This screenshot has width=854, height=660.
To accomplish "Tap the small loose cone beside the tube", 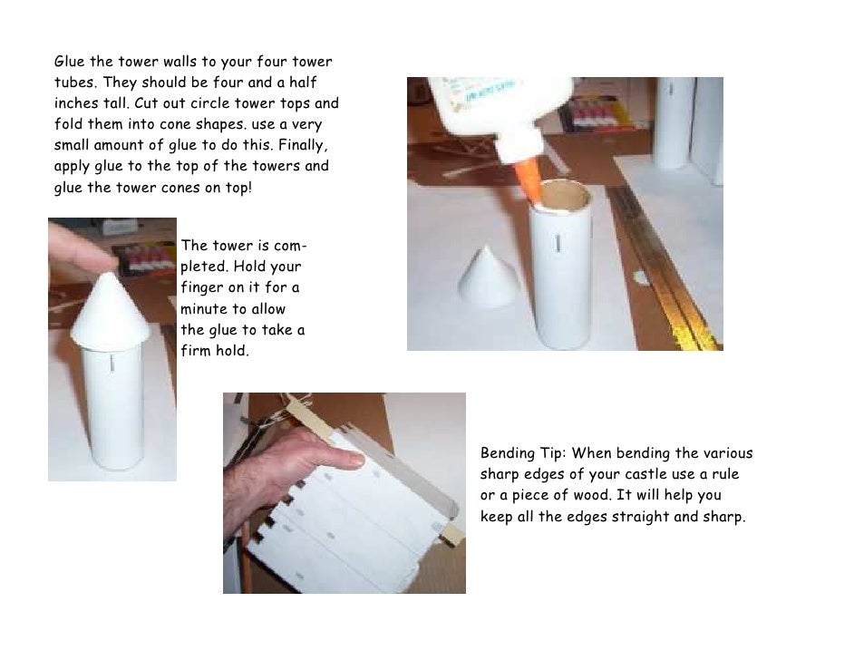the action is [488, 277].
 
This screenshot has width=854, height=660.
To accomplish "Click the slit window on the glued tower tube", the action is [558, 242].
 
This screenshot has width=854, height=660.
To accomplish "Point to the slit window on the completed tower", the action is [112, 363].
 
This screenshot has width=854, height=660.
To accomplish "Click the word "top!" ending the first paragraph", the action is [238, 188].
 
